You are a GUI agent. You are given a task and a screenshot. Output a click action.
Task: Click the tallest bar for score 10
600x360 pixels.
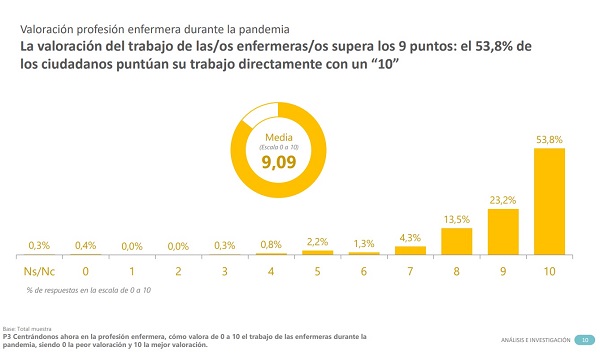(549, 201)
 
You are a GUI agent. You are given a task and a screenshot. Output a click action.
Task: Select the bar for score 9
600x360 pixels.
(503, 231)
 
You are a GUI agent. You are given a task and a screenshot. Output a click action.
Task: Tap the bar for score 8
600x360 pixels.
(456, 241)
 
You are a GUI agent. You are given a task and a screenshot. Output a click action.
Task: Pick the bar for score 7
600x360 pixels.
(410, 250)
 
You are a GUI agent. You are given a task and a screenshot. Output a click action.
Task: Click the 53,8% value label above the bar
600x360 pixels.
(549, 140)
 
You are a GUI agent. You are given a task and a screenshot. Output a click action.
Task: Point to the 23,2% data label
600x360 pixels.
(503, 200)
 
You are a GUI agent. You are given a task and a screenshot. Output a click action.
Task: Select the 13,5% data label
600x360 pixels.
(456, 219)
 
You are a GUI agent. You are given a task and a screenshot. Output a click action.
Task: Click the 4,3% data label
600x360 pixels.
(410, 237)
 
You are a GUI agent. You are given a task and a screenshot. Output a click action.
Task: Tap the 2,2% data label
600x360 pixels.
(317, 241)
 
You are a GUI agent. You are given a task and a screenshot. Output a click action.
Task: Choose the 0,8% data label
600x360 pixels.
(271, 244)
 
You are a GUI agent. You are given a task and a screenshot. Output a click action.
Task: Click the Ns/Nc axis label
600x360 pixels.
(39, 271)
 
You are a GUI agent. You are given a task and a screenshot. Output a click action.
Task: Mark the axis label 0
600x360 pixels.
(86, 271)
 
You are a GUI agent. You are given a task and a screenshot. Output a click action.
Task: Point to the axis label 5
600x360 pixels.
(317, 271)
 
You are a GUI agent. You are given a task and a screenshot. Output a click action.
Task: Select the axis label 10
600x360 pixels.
(549, 271)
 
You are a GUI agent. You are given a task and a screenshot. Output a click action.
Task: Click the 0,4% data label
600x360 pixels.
(86, 245)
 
